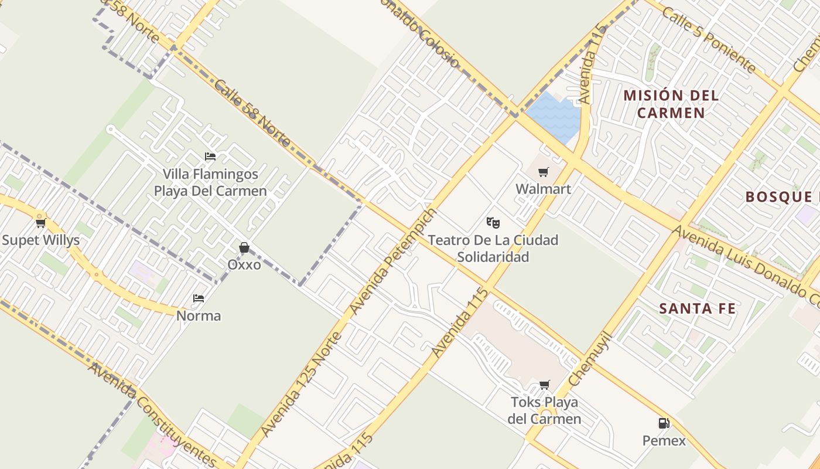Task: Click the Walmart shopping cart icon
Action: click(544, 172)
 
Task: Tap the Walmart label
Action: click(544, 189)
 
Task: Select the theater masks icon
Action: click(493, 222)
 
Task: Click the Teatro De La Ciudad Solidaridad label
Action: click(493, 248)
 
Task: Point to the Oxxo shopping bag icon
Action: click(244, 248)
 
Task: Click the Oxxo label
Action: click(244, 265)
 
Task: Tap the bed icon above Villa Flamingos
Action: click(210, 157)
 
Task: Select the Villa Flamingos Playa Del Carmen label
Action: click(210, 182)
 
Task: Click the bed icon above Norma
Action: click(199, 298)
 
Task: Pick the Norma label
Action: click(199, 316)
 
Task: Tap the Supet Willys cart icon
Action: click(40, 223)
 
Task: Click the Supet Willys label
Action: click(40, 240)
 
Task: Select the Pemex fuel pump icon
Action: click(664, 423)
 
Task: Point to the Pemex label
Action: click(664, 440)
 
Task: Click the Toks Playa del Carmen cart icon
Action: click(545, 385)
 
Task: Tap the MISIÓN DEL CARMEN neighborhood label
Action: click(671, 104)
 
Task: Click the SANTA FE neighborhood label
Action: click(697, 308)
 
